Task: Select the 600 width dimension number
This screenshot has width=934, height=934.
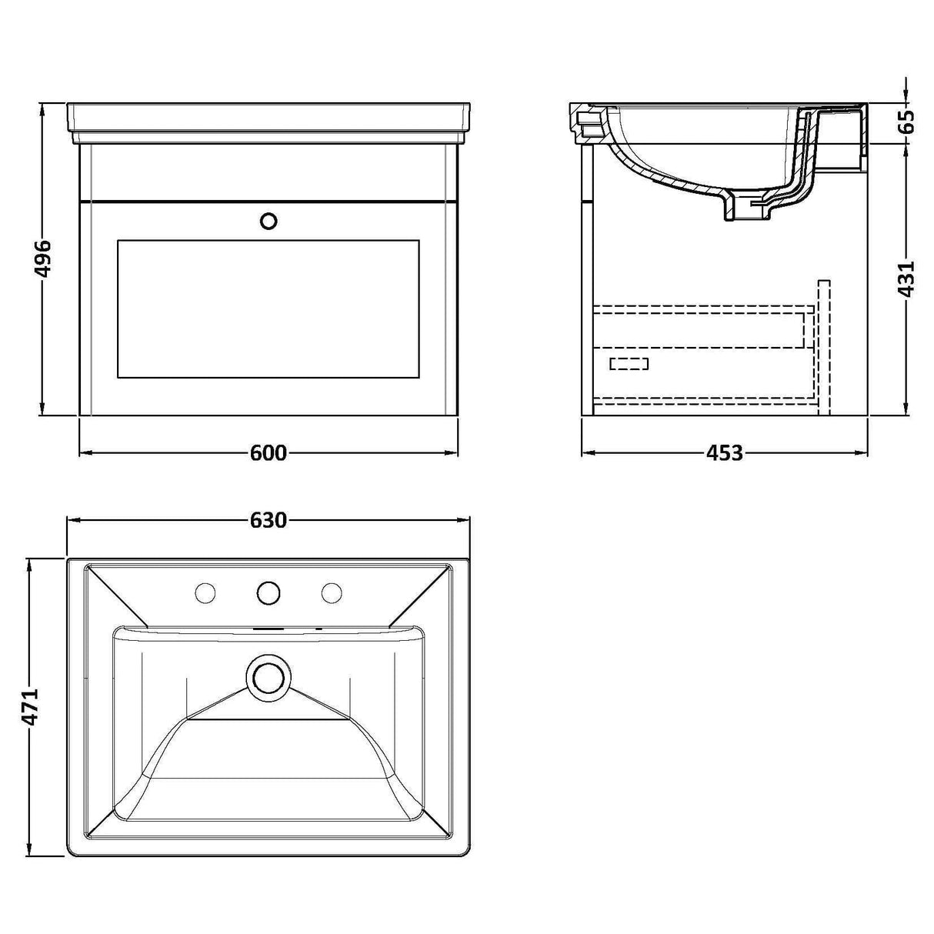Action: click(268, 453)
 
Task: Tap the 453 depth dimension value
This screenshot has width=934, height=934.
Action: click(724, 453)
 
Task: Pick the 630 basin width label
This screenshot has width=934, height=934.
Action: click(268, 521)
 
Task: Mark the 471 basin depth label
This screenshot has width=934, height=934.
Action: click(29, 706)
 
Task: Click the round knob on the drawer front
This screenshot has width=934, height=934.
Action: click(269, 222)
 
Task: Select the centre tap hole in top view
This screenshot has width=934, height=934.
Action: click(269, 592)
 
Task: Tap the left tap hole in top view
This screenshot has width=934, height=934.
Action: click(205, 592)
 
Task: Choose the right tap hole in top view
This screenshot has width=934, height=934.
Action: click(332, 592)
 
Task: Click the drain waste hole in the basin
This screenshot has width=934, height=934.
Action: click(269, 678)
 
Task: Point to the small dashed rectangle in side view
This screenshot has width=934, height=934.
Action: click(629, 364)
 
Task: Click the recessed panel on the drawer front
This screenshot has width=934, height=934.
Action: click(268, 309)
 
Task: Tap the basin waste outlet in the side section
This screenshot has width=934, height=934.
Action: click(745, 209)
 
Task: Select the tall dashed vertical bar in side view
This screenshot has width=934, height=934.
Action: click(823, 346)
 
